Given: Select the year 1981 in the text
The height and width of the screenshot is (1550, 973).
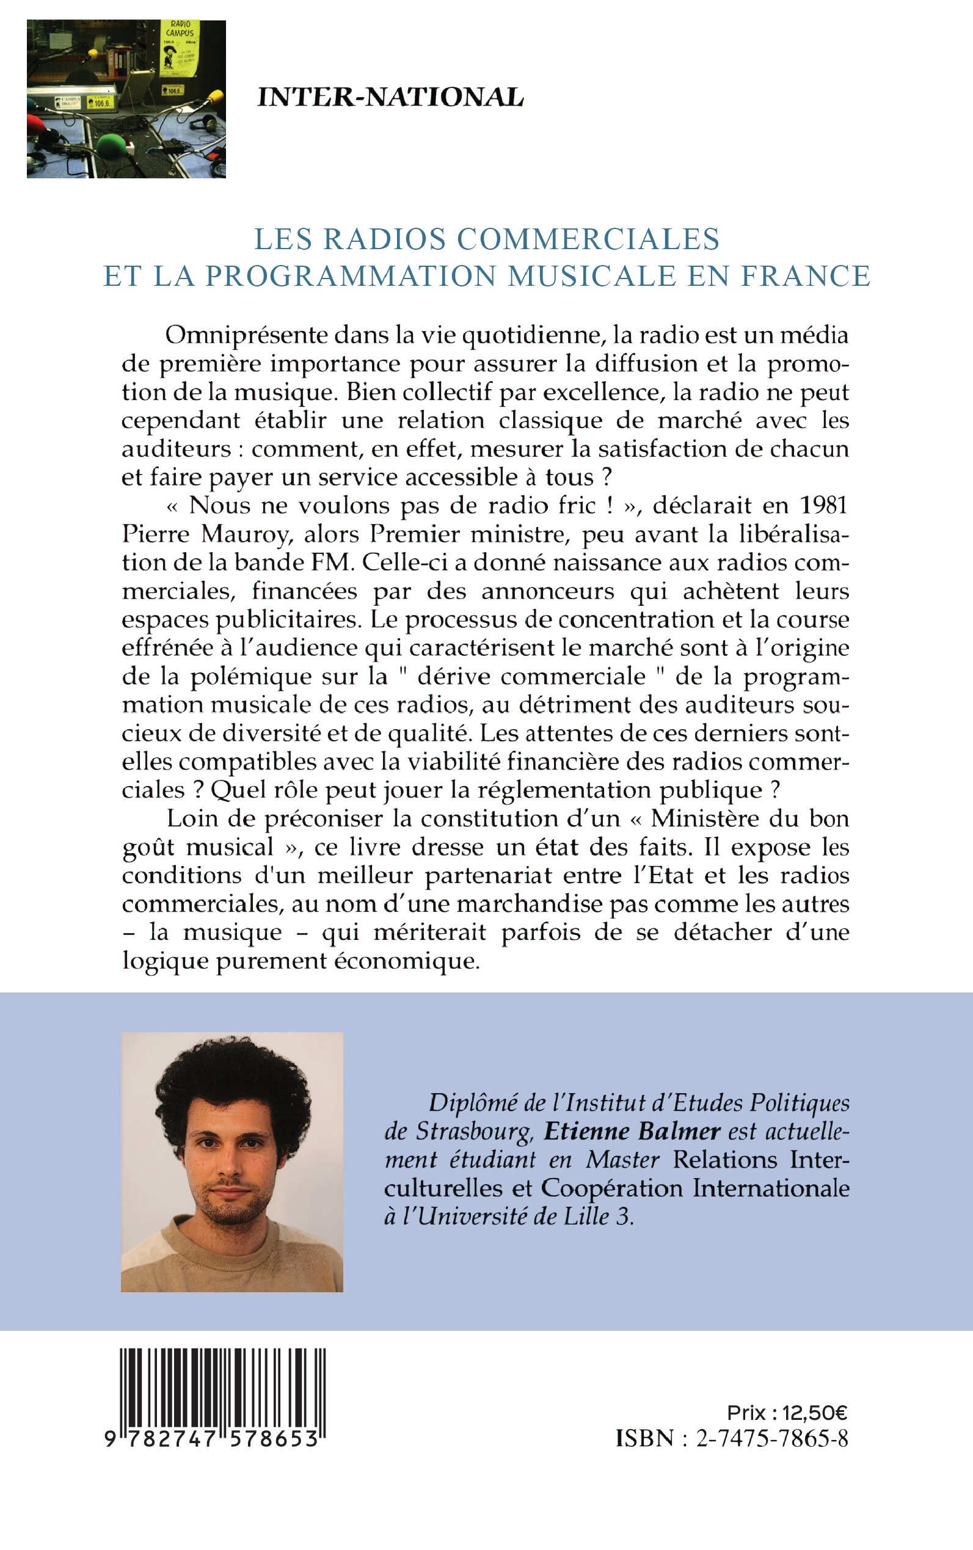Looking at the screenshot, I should (824, 506).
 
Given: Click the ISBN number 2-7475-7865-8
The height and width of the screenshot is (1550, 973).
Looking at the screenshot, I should (772, 1439).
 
